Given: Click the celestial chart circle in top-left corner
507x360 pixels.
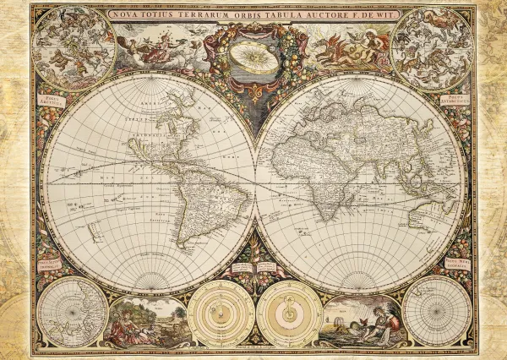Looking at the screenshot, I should [73, 48].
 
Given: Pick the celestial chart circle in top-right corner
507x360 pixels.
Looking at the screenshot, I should [433, 48].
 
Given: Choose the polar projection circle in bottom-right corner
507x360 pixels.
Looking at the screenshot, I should [436, 310].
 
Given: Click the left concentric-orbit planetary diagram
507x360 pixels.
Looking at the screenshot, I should [221, 314].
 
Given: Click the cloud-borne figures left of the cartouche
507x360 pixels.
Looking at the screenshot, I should [161, 46].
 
